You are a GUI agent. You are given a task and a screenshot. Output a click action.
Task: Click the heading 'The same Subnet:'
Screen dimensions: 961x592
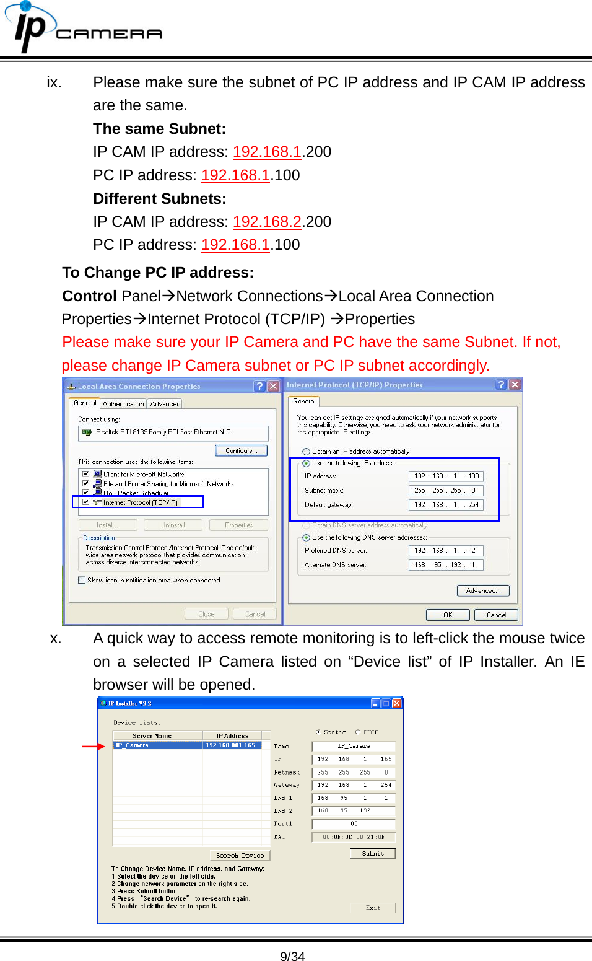[x=159, y=129]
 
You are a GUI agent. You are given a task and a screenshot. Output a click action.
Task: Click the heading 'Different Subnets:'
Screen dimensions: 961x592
[x=159, y=199]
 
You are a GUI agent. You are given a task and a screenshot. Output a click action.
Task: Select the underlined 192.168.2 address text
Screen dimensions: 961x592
[x=267, y=222]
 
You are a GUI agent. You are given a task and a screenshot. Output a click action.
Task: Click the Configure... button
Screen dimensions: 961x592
[x=241, y=450]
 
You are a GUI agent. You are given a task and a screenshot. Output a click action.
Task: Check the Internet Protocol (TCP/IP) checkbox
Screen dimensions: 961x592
[x=86, y=502]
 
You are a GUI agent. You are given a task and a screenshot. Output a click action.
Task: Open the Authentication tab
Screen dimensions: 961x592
[x=123, y=404]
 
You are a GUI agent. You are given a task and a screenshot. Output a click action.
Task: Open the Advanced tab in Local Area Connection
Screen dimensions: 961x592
[x=165, y=404]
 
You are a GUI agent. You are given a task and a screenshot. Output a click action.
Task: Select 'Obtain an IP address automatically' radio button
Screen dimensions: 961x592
[x=307, y=452]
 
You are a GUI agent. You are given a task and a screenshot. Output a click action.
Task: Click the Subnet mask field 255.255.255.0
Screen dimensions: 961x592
[x=445, y=490]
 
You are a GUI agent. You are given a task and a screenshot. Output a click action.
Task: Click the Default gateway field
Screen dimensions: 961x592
[x=445, y=504]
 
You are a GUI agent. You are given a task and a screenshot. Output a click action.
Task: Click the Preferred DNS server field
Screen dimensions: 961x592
[x=445, y=550]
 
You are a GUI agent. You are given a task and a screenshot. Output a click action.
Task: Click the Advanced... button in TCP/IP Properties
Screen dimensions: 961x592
[x=483, y=590]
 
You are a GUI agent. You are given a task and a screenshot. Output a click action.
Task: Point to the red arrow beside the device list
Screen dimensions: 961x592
[x=93, y=747]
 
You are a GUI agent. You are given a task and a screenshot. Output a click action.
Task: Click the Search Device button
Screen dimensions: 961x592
[x=240, y=855]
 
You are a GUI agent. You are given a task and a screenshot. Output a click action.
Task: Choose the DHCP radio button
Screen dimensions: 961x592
[x=358, y=732]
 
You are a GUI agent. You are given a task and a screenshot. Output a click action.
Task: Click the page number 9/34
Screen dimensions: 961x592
[x=292, y=956]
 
